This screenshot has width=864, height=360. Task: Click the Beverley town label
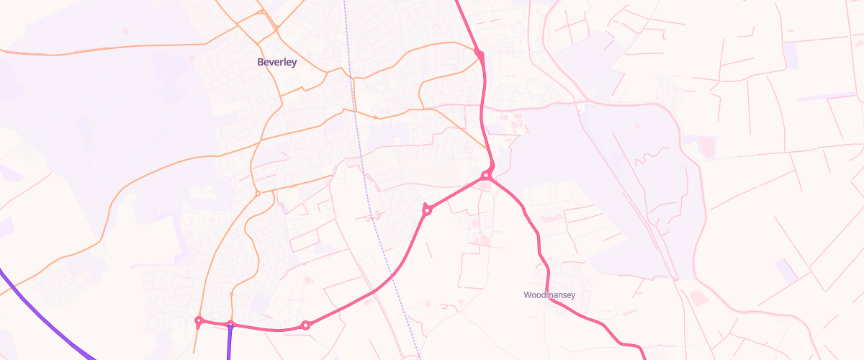(277, 63)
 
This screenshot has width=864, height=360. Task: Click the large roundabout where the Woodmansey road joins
(487, 175)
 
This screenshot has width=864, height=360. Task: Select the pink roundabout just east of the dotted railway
(427, 210)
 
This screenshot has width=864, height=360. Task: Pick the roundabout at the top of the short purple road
(230, 324)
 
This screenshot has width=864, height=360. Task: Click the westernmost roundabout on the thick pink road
(199, 320)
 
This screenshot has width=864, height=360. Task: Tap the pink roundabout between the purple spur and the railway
(306, 325)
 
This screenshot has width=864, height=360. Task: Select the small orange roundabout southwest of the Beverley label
(257, 193)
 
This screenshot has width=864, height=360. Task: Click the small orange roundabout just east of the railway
(375, 117)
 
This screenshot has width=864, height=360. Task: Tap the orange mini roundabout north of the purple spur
(231, 294)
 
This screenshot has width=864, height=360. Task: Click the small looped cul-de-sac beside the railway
(373, 215)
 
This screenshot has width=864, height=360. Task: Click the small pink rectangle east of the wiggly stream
(708, 148)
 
